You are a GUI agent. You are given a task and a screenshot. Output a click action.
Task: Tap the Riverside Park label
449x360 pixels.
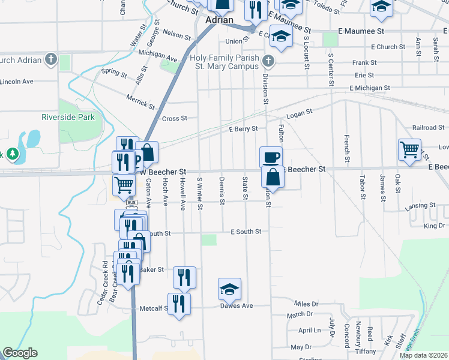pos(68,117)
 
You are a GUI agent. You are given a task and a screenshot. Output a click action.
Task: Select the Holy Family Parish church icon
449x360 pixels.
pos(268,61)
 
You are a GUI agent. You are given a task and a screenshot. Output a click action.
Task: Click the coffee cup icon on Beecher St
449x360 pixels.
pos(271,157)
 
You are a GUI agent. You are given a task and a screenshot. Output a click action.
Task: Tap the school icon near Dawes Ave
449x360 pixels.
pos(229,289)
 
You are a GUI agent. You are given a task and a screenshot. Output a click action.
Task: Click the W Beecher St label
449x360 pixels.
pos(164,171)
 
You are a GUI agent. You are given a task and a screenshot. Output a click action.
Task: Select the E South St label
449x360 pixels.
pos(246,232)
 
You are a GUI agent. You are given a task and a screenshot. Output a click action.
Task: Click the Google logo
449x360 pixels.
pos(20,353)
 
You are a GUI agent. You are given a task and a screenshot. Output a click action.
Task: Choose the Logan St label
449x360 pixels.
pos(300,113)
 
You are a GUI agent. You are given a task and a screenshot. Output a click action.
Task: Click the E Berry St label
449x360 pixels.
pos(243,129)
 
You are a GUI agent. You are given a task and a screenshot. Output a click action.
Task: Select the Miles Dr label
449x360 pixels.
pos(306,304)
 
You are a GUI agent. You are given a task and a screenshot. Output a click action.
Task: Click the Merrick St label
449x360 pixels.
pos(140,101)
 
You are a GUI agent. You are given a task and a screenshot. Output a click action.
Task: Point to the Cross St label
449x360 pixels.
pos(175,119)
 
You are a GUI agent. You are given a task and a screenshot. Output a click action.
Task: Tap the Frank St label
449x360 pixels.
pos(364,62)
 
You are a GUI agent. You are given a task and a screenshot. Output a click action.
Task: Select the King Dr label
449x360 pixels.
pos(434,226)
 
